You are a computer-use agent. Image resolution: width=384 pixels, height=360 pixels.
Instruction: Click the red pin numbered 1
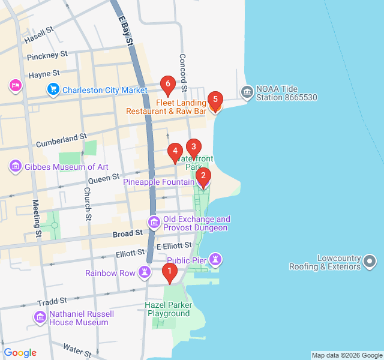coord(170,274)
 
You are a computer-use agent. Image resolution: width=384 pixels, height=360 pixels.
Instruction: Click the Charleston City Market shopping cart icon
coord(53,90)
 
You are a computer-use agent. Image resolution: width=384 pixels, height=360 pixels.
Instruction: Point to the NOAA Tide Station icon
coord(247,92)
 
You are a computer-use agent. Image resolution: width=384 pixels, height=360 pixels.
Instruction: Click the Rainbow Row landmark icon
coord(144,272)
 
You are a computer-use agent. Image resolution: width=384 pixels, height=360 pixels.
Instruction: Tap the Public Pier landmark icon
coord(216,260)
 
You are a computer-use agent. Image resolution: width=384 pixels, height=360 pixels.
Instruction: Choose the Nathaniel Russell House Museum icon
coord(40,317)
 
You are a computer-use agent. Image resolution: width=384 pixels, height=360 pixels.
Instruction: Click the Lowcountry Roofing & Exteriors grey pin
coord(370,261)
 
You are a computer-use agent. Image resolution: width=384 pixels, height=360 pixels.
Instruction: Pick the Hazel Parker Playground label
coord(169,310)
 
